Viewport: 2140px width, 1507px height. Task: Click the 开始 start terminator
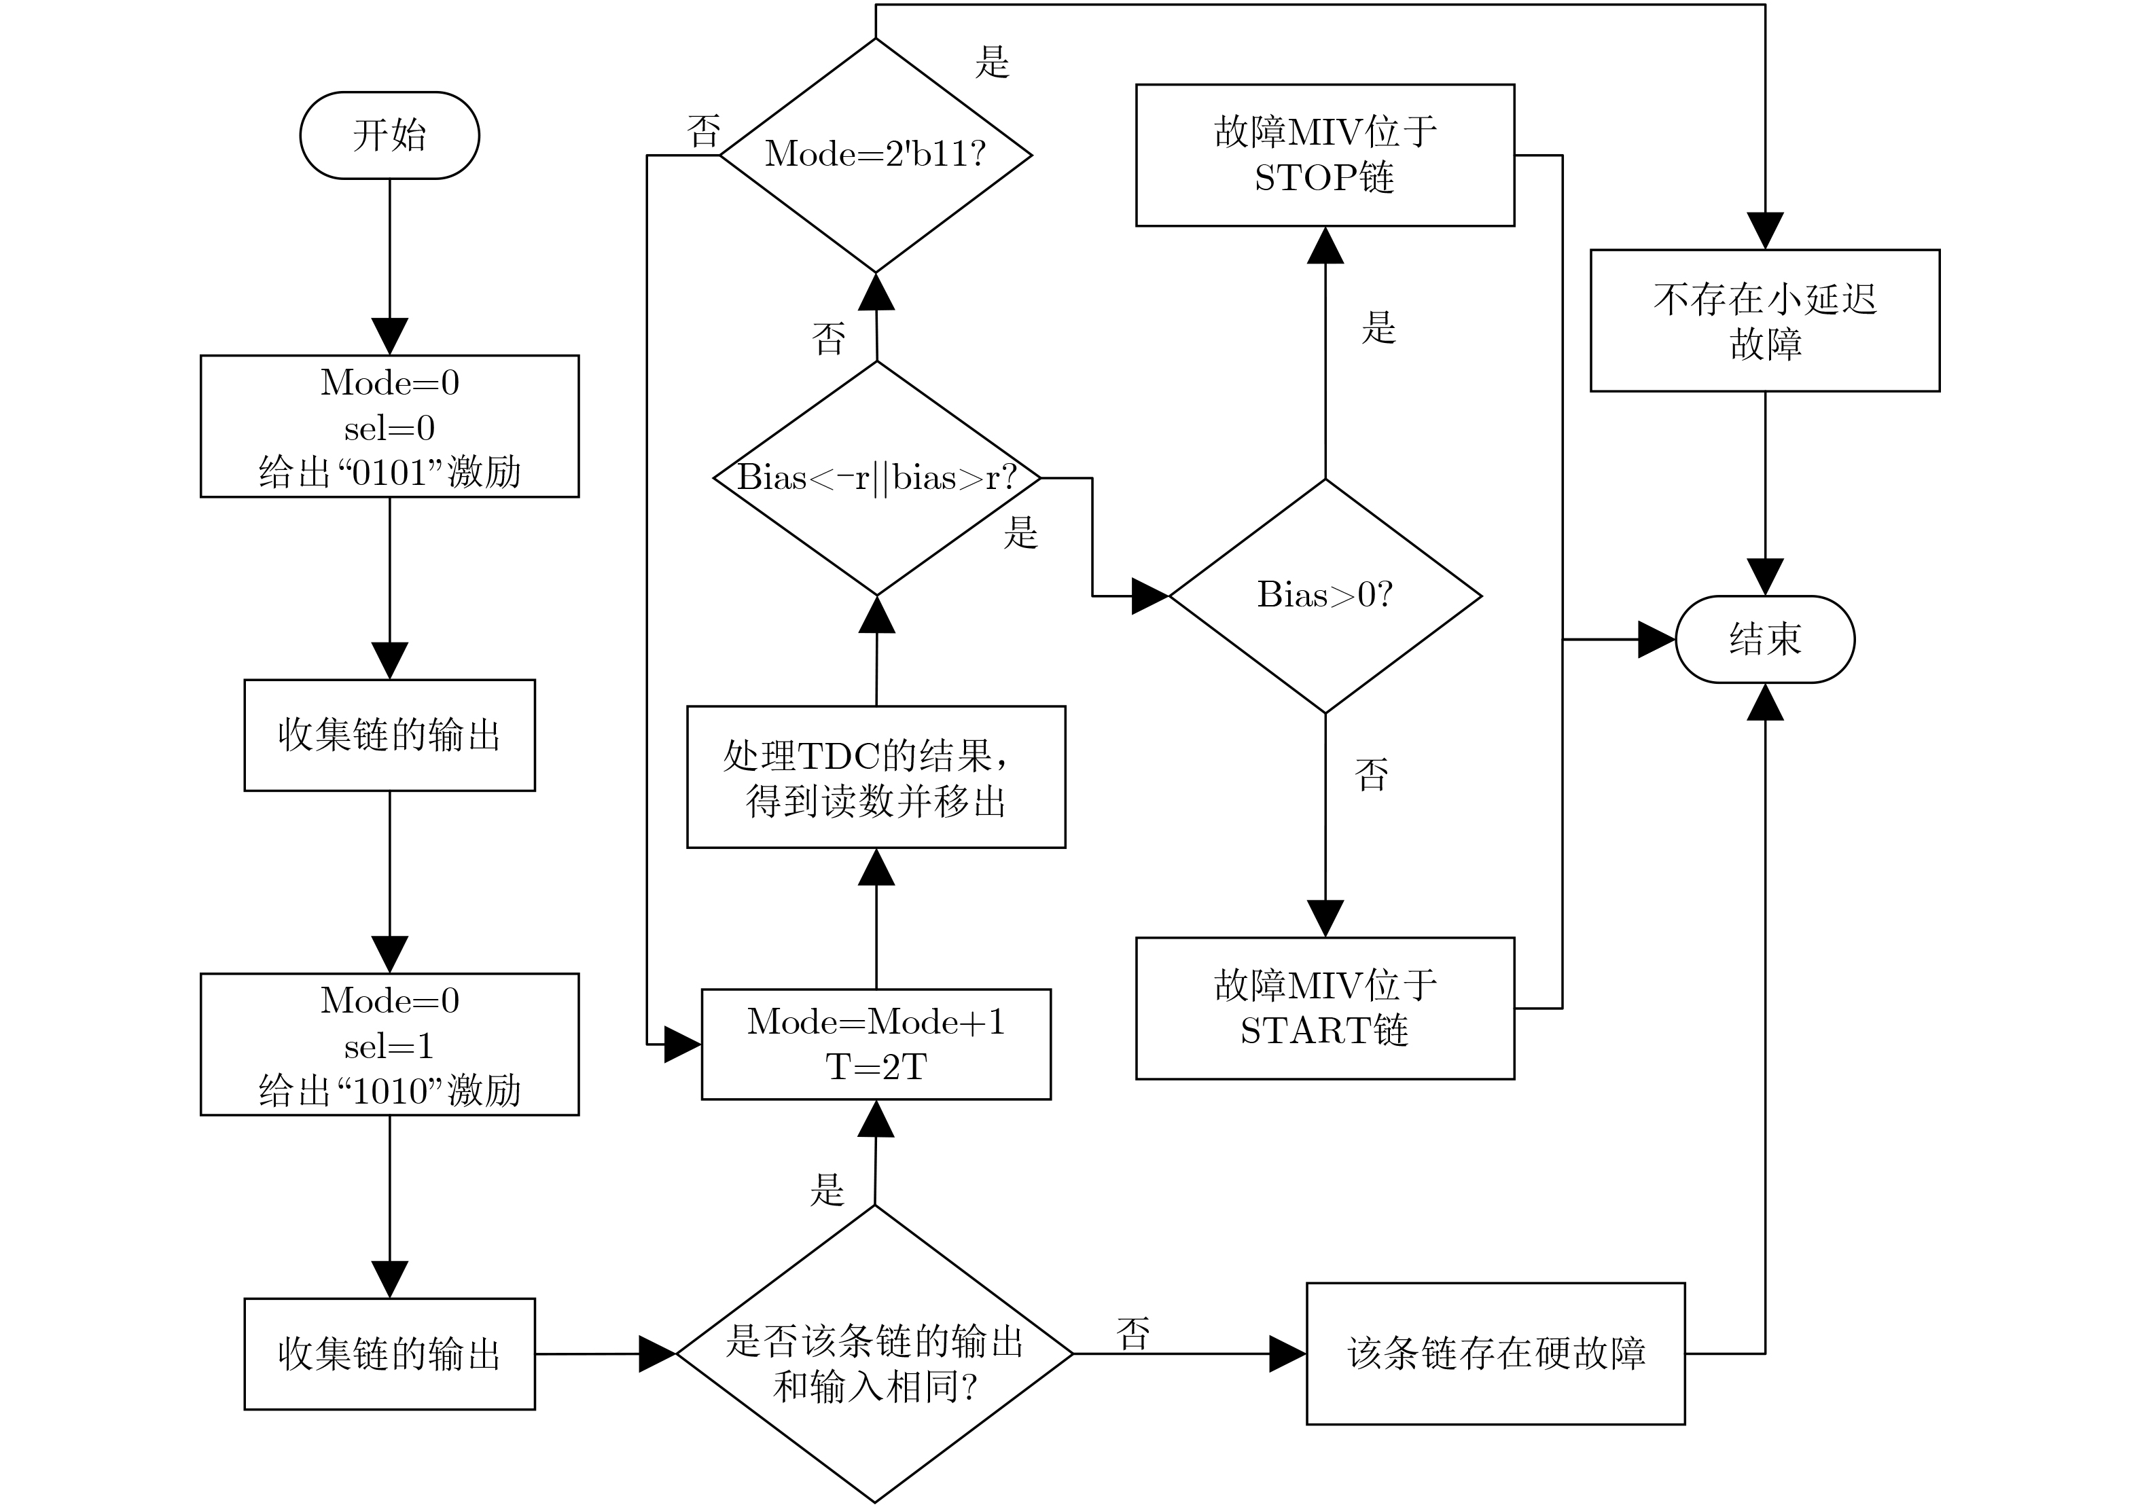(x=389, y=135)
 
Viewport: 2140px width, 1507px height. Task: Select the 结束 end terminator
(x=1764, y=639)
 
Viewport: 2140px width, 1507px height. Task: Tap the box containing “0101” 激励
(x=389, y=426)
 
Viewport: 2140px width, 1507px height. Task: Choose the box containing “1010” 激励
(x=389, y=1044)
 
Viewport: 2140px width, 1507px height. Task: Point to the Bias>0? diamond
(x=1325, y=596)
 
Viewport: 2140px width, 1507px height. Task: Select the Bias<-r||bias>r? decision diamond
(x=876, y=478)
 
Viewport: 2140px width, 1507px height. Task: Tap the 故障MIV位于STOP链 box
(x=1325, y=155)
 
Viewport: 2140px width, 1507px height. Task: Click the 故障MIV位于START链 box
(x=1325, y=1009)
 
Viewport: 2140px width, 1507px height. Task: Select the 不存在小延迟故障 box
(x=1764, y=320)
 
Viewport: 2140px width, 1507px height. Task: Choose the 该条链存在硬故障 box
(x=1495, y=1354)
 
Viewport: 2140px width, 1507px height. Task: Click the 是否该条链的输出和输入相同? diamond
(x=874, y=1354)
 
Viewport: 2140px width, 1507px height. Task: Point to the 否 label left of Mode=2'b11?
(x=704, y=131)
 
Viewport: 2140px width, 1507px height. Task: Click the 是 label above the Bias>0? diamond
(x=1378, y=327)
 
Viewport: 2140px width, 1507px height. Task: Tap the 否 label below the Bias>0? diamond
(x=1371, y=774)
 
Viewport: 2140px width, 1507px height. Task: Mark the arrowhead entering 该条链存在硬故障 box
(x=1288, y=1354)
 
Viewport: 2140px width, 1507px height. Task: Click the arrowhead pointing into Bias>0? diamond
(x=1150, y=596)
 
